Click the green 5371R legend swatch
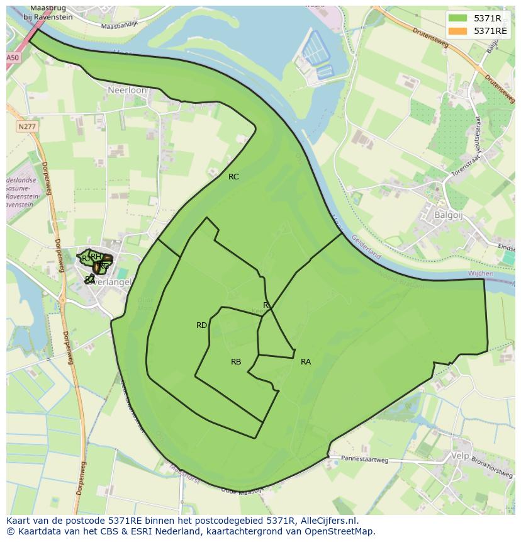458,18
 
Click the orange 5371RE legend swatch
458,31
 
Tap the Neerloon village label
127,90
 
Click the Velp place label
461,454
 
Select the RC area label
233,177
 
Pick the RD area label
201,325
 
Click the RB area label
236,362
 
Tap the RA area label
306,362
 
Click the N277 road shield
26,127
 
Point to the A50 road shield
13,57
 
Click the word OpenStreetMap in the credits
341,532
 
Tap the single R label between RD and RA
266,305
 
